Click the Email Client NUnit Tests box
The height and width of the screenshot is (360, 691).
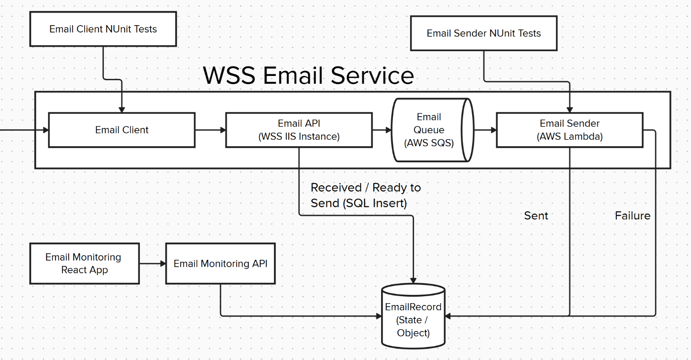[x=103, y=29]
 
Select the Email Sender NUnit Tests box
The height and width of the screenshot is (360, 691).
[x=484, y=33]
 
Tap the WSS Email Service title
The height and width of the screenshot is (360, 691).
[x=308, y=75]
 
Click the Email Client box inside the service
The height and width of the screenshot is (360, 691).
[x=122, y=130]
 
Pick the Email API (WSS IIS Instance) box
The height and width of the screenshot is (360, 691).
[x=299, y=130]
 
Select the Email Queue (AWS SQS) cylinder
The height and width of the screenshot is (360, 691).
[x=428, y=130]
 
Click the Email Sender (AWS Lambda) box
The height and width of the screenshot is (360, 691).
[x=569, y=130]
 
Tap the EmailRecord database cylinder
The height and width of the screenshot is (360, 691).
[x=413, y=320]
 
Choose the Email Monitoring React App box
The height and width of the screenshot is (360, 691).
[x=84, y=264]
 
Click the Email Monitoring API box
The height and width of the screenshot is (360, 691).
[x=220, y=264]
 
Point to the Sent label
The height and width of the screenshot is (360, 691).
[x=536, y=216]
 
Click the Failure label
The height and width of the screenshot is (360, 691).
[x=632, y=216]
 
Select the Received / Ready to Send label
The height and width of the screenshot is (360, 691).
[x=365, y=195]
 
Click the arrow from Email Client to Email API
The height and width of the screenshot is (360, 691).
[x=210, y=130]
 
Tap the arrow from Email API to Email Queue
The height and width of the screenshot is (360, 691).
[x=382, y=130]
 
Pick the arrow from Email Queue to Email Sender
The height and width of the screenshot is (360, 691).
[x=485, y=130]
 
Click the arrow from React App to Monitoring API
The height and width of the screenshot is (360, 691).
[x=152, y=264]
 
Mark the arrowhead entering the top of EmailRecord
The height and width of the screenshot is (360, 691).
[x=413, y=281]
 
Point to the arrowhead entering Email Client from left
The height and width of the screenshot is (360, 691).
[x=46, y=130]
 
